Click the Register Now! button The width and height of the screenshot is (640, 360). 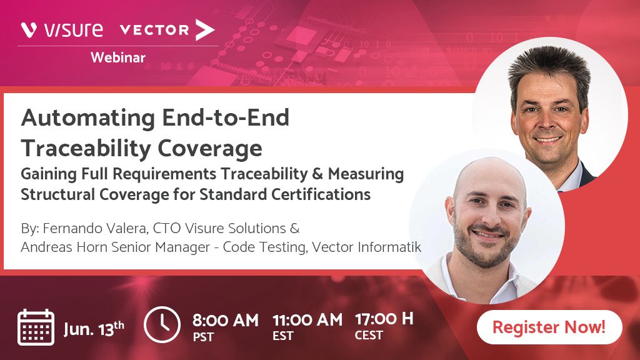tap(549, 327)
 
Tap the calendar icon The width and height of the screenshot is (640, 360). tap(36, 327)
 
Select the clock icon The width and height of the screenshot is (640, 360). tap(162, 324)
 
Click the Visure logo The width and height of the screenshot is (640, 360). tap(62, 29)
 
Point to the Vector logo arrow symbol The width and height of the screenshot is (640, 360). tap(204, 29)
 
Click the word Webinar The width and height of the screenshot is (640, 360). tap(118, 58)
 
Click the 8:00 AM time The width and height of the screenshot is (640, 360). tap(225, 321)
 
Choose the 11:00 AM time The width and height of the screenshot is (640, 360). tap(307, 320)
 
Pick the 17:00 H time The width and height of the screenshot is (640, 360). tap(384, 319)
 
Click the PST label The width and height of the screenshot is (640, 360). tap(203, 337)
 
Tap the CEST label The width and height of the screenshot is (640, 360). tap(369, 336)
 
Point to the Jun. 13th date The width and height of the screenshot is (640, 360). tap(94, 327)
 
